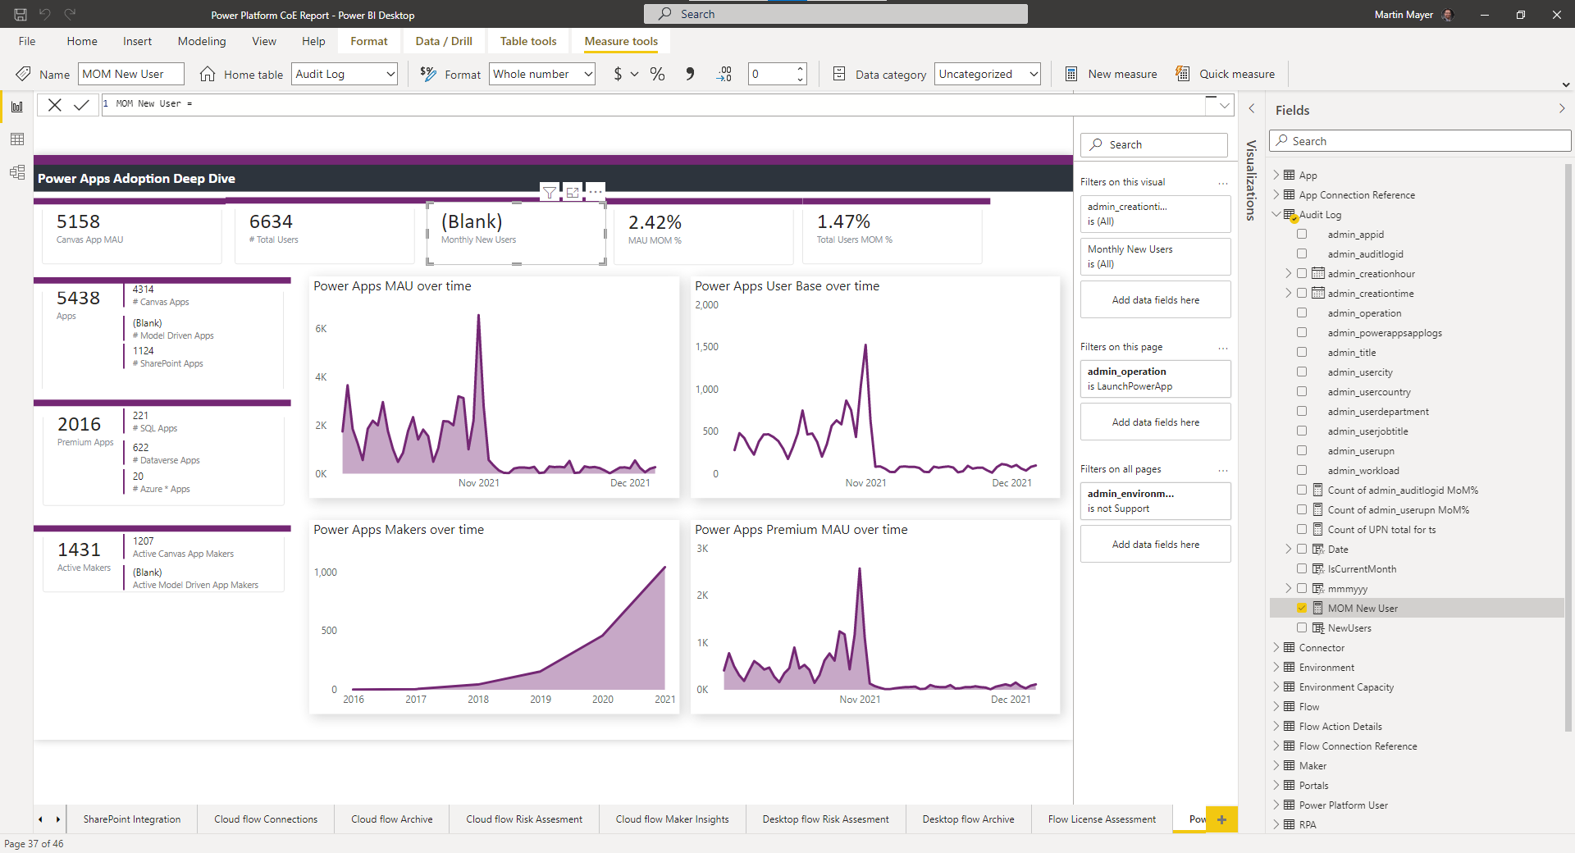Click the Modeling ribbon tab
(201, 41)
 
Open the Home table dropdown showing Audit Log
(390, 74)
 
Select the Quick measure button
(1226, 74)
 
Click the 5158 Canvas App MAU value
(78, 222)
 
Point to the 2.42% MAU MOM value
(655, 222)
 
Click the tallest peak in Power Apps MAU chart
(478, 316)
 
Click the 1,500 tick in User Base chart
(706, 347)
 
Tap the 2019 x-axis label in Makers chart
(541, 700)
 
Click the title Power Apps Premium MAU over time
(801, 530)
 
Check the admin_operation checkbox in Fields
(1302, 312)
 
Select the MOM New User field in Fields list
(1363, 609)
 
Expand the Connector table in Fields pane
(1276, 647)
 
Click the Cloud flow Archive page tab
(391, 819)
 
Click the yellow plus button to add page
(1221, 819)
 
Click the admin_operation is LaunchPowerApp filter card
(1155, 379)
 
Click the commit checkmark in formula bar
(81, 104)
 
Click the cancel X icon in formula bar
(55, 104)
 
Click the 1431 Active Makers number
(79, 550)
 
